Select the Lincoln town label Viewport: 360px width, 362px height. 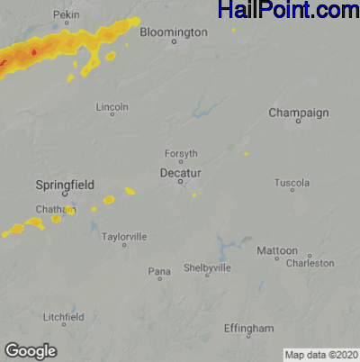(x=112, y=106)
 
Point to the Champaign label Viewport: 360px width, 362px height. (x=298, y=113)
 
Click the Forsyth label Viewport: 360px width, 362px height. (x=181, y=154)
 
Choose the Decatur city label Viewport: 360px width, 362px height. (x=180, y=171)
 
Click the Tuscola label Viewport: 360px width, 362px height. (x=292, y=183)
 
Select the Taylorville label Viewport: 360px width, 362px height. (x=124, y=236)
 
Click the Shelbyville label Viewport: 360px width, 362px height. (x=208, y=268)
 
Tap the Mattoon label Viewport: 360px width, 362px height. (x=277, y=250)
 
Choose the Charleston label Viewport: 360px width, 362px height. (x=310, y=263)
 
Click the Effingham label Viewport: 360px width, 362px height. (x=248, y=329)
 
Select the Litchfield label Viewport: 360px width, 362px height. (x=64, y=317)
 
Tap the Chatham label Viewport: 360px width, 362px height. (x=51, y=209)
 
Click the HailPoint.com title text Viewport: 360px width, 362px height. (x=288, y=11)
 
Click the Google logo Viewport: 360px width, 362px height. (x=31, y=350)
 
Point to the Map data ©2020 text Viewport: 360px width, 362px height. (x=321, y=354)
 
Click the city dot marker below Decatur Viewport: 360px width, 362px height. (x=181, y=182)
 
